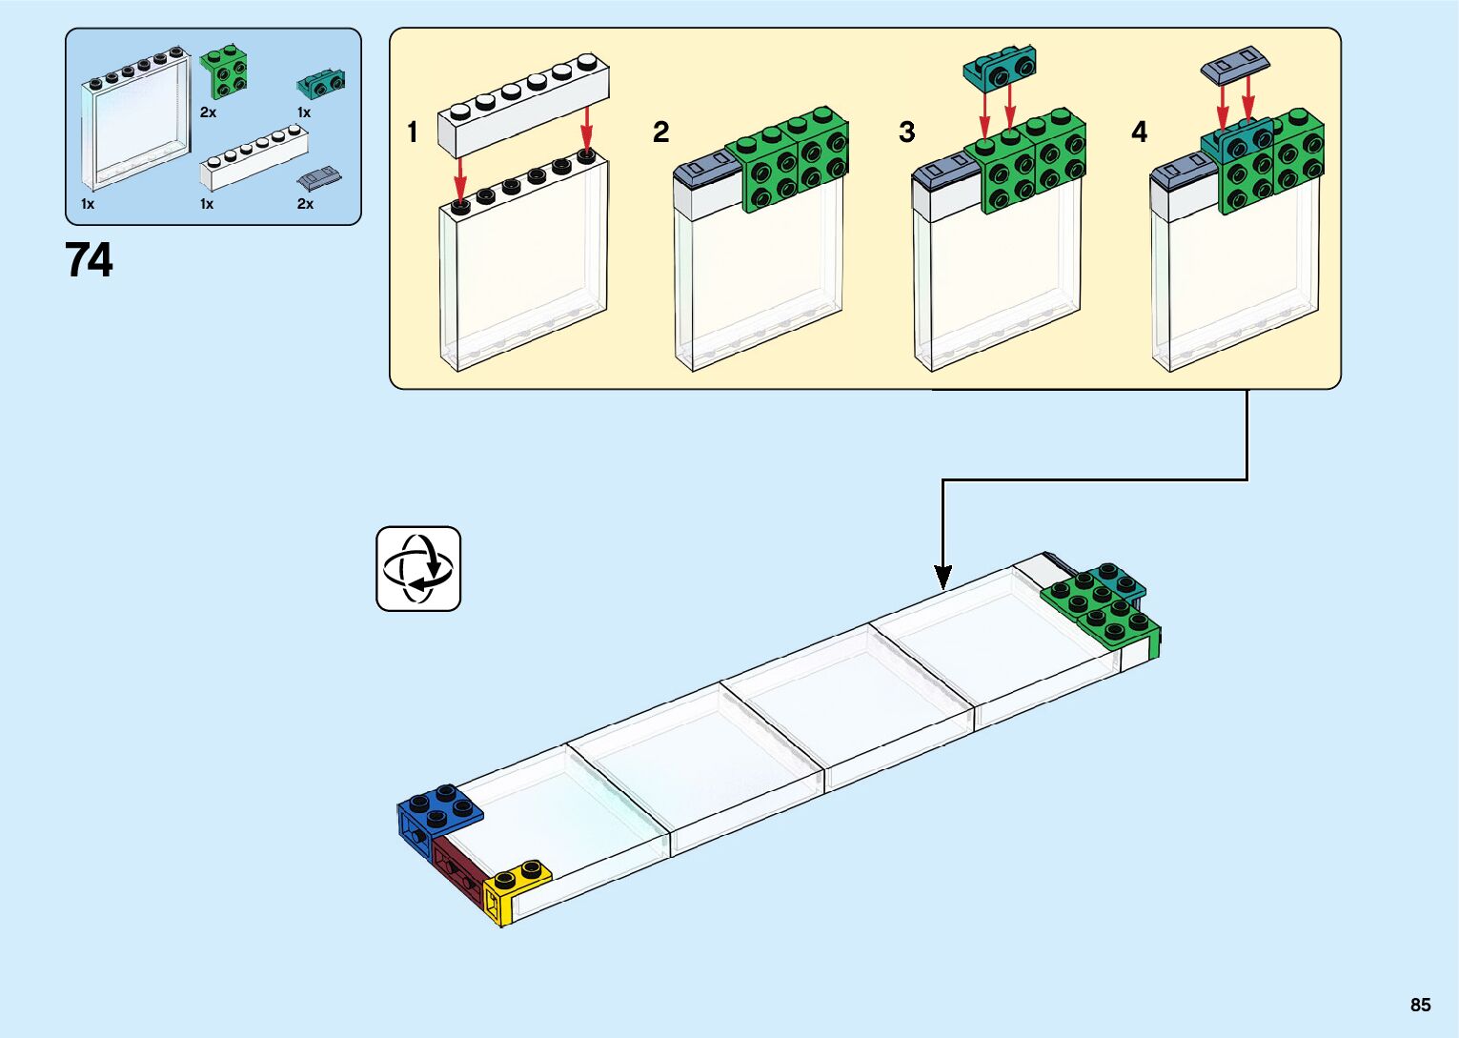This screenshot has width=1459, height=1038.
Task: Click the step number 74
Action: click(x=90, y=259)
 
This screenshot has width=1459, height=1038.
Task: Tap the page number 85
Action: click(x=1420, y=1005)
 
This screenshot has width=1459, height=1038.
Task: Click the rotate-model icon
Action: click(x=418, y=569)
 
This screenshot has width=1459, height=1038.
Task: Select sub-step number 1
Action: click(x=413, y=132)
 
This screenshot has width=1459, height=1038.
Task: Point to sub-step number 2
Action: click(x=660, y=132)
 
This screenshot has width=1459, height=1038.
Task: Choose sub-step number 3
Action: click(x=906, y=132)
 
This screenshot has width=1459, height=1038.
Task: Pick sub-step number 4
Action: click(x=1139, y=132)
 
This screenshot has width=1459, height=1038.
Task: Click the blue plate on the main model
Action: click(x=438, y=810)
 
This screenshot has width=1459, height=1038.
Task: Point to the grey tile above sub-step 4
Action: click(x=1235, y=63)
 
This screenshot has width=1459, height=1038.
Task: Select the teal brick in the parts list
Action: click(x=321, y=84)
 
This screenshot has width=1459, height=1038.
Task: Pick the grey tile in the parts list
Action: click(x=320, y=178)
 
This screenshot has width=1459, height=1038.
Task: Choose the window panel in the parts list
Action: click(x=135, y=119)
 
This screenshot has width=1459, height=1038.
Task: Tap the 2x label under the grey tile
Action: click(x=305, y=204)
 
